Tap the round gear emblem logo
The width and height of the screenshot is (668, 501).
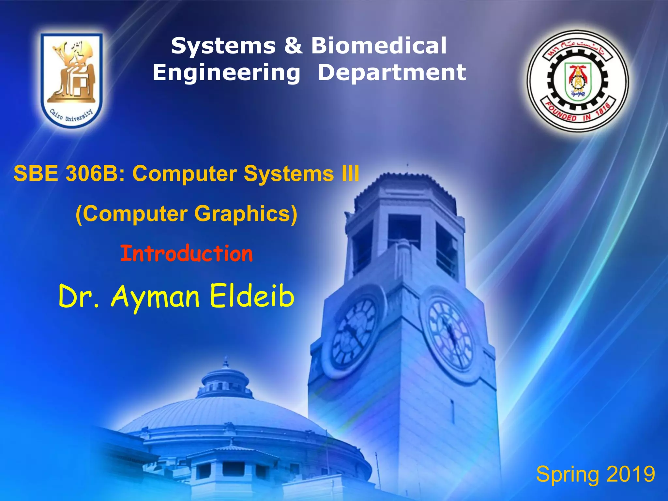pyautogui.click(x=578, y=81)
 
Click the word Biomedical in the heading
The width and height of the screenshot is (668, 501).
pyautogui.click(x=379, y=46)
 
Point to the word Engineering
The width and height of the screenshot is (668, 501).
pyautogui.click(x=226, y=72)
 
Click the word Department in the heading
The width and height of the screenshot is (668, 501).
pyautogui.click(x=392, y=72)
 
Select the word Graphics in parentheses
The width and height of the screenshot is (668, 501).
pyautogui.click(x=246, y=214)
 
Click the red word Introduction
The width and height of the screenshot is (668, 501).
pyautogui.click(x=187, y=254)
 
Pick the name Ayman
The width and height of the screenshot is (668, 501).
pyautogui.click(x=155, y=296)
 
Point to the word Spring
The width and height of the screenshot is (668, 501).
pyautogui.click(x=568, y=475)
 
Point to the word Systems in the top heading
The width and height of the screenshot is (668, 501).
pyautogui.click(x=223, y=46)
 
